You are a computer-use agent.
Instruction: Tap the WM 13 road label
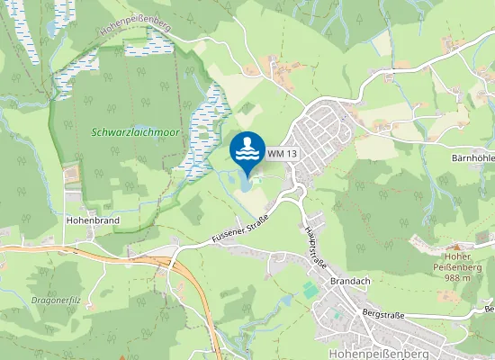point(282,154)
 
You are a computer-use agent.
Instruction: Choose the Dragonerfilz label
point(56,300)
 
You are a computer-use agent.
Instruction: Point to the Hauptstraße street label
point(315,243)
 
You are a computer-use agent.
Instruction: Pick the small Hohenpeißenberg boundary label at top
point(136,28)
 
